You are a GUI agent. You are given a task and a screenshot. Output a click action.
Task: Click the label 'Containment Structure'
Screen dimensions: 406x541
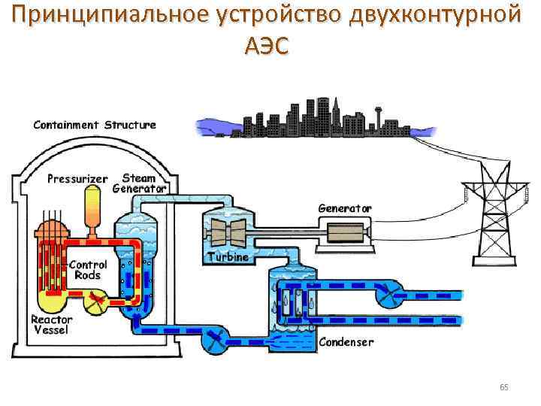coord(95,125)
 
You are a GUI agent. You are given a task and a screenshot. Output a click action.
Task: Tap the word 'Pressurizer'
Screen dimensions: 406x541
coord(77,179)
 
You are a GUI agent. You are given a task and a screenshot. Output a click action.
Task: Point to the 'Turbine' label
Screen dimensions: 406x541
coord(227,257)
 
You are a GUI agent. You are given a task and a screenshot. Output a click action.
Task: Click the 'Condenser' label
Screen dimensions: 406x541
coord(346,342)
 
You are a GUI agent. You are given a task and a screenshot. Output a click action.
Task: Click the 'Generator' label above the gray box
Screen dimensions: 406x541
coord(345,207)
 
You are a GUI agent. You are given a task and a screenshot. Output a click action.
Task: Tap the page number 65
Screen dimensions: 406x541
coord(503,387)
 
